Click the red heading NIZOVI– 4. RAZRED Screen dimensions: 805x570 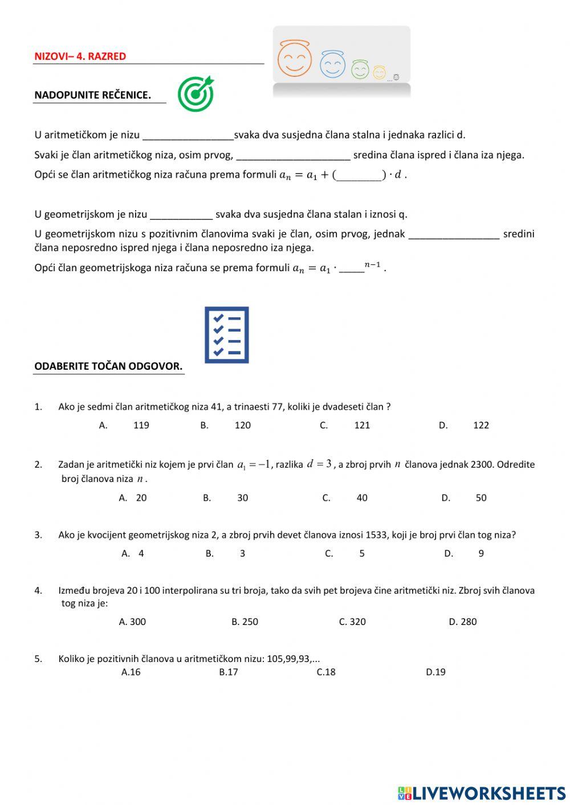[x=80, y=56]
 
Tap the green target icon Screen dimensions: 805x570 [x=196, y=94]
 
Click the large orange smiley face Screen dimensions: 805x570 [x=294, y=59]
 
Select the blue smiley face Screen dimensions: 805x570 [x=332, y=64]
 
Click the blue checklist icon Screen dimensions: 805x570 [x=227, y=335]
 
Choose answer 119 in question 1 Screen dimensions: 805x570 [x=141, y=425]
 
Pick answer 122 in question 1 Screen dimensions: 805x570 [x=481, y=425]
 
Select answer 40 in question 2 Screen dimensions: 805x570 [x=361, y=498]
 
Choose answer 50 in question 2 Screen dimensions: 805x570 [x=481, y=498]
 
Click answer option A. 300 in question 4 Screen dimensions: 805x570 [x=132, y=622]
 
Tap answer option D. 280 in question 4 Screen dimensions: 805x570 [x=462, y=622]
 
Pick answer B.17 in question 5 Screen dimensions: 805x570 [x=228, y=672]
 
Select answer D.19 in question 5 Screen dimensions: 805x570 [x=435, y=672]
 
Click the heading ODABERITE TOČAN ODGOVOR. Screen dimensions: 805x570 [x=108, y=366]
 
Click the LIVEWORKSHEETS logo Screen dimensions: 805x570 [x=482, y=793]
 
